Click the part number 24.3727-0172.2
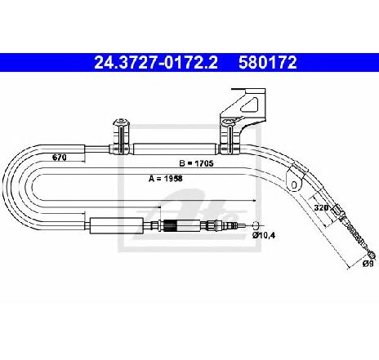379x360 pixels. (x=156, y=62)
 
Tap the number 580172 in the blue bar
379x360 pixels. (x=268, y=62)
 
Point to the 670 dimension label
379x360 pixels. (x=60, y=158)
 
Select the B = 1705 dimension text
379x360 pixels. (x=196, y=163)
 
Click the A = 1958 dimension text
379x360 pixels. (x=166, y=179)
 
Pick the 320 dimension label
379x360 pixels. (x=321, y=207)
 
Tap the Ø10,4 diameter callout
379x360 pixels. (x=264, y=235)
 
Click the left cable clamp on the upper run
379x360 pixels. (x=122, y=136)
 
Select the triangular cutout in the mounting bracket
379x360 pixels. (x=250, y=104)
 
